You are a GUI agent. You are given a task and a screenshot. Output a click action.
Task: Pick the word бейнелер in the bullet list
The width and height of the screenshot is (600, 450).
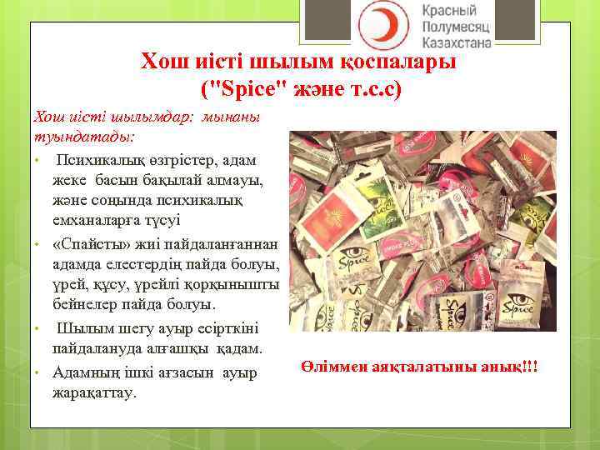pos(84,304)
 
